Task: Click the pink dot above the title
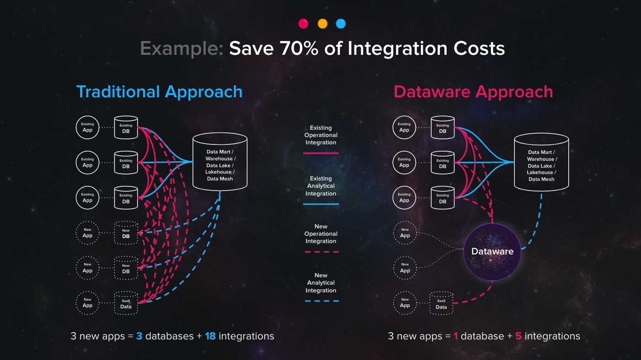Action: click(x=303, y=23)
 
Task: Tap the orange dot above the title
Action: click(x=322, y=23)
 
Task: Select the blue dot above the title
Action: click(x=341, y=23)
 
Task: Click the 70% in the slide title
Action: click(x=299, y=48)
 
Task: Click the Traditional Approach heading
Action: click(x=160, y=92)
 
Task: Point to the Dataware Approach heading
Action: click(x=473, y=92)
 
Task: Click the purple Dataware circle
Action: click(x=492, y=252)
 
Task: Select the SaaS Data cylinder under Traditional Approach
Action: click(x=126, y=303)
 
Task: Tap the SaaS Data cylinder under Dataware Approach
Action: click(x=441, y=303)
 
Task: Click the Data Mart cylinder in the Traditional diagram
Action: click(x=220, y=162)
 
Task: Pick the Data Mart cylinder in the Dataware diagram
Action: click(x=541, y=162)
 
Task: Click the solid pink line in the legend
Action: click(x=321, y=153)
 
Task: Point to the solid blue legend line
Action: click(x=321, y=204)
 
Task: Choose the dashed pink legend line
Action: click(x=322, y=252)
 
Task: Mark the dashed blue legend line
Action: click(x=322, y=301)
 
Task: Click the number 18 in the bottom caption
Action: click(x=210, y=336)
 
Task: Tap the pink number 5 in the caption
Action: click(x=518, y=336)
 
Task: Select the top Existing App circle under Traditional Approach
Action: click(x=88, y=127)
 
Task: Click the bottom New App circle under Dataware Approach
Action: click(x=405, y=303)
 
